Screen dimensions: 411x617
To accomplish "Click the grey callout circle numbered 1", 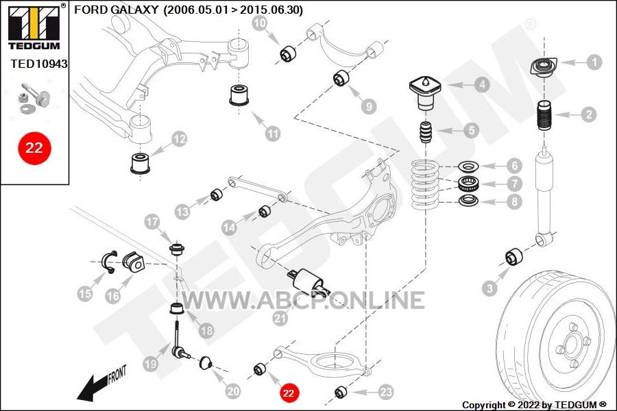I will point(594,62).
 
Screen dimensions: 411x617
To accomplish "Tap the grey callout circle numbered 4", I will point(483,85).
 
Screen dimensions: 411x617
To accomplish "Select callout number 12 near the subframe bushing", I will point(179,140).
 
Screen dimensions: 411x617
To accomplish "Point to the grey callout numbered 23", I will point(386,392).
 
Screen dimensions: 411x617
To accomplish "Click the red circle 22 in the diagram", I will point(289,393).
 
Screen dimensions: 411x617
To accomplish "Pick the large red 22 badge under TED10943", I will point(34,147).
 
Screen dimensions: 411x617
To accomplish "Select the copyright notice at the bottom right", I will point(534,405).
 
